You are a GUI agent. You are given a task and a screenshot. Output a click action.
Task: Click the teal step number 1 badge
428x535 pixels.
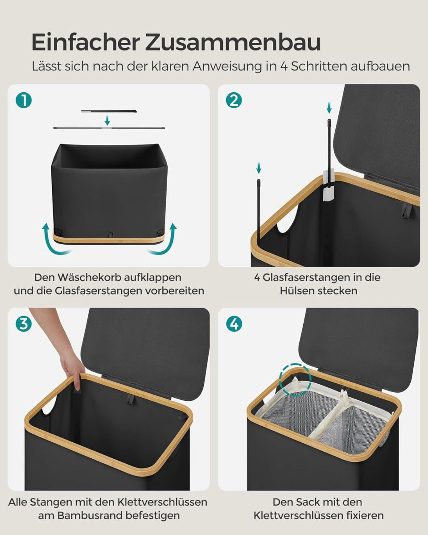pyautogui.click(x=24, y=101)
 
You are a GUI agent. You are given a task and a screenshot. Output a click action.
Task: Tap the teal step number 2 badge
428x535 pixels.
pyautogui.click(x=234, y=101)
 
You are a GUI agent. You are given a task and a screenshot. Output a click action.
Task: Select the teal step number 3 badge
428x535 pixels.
pyautogui.click(x=24, y=324)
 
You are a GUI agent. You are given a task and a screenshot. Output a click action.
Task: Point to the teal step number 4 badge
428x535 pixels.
pyautogui.click(x=234, y=324)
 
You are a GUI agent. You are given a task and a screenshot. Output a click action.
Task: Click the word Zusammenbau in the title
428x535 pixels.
pyautogui.click(x=233, y=43)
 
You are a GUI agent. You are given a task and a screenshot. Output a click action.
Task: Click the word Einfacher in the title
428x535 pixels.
pyautogui.click(x=85, y=43)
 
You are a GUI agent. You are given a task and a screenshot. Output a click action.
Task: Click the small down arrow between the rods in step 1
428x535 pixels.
pyautogui.click(x=107, y=120)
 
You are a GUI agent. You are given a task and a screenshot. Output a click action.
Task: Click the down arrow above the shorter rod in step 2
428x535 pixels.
pyautogui.click(x=259, y=168)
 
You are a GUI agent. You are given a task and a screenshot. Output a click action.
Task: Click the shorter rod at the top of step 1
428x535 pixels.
pyautogui.click(x=109, y=111)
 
